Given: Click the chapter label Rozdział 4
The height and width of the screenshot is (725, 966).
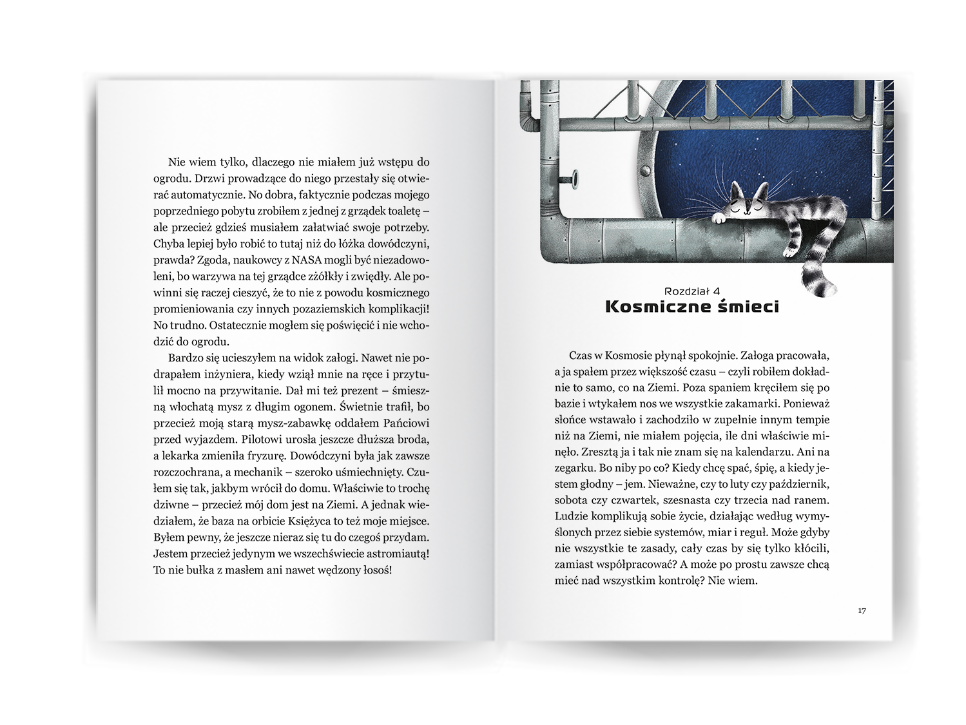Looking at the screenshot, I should (692, 291).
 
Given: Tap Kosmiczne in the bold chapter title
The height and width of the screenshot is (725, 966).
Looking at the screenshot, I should (657, 307).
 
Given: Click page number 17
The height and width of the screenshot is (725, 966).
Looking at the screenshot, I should (862, 611).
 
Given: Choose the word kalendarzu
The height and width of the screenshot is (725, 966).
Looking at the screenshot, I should (773, 451).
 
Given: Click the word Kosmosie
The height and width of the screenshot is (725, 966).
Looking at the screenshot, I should (630, 355).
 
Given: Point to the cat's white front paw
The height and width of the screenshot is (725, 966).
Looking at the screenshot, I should (717, 218).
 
